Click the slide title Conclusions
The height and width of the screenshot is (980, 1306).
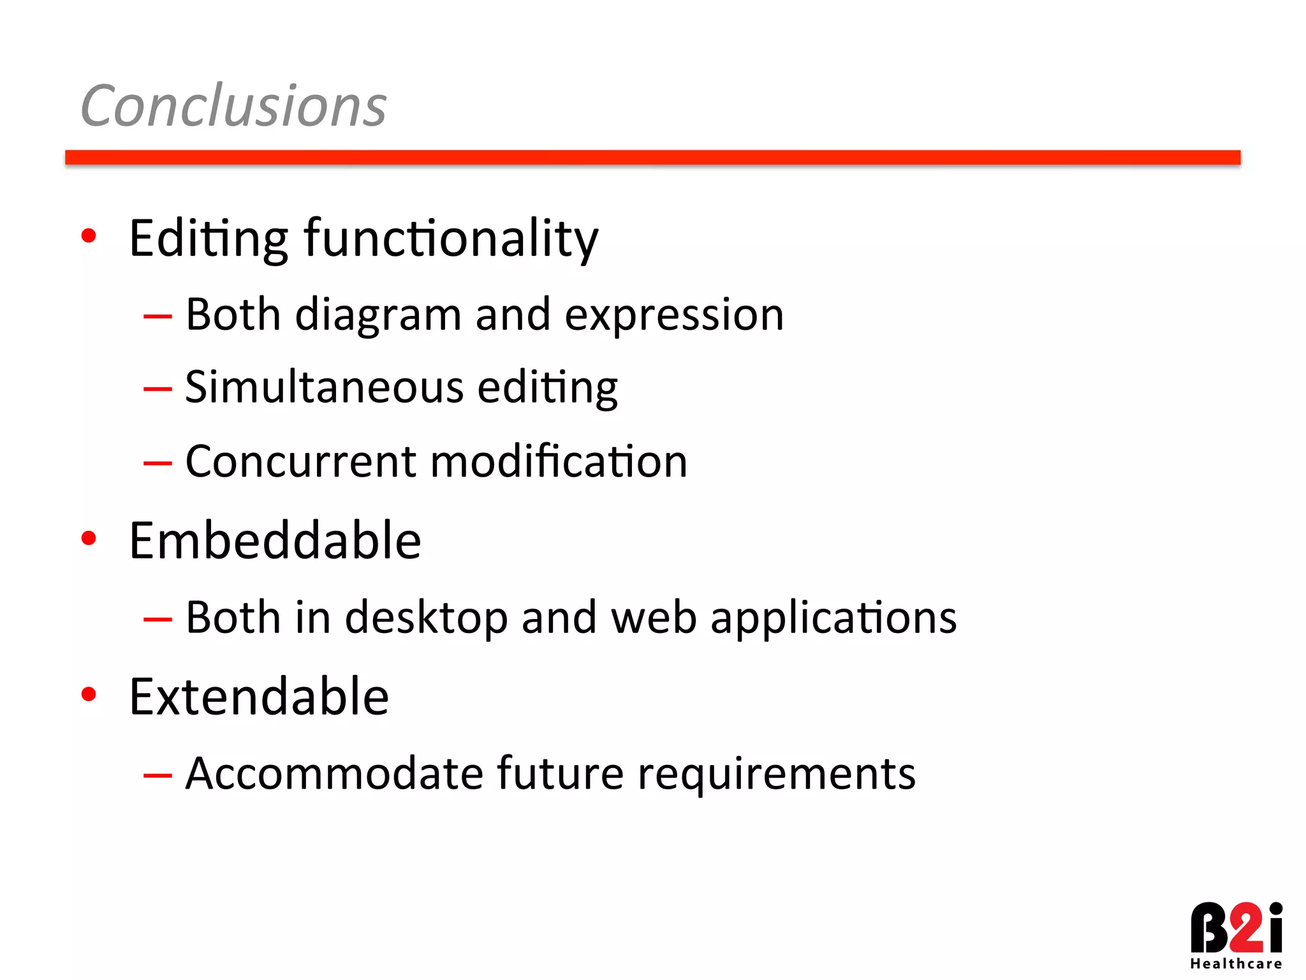(x=233, y=106)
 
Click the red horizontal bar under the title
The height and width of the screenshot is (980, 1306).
(x=652, y=158)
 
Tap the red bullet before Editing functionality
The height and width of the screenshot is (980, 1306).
(x=89, y=236)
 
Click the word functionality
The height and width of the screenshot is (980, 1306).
(x=451, y=239)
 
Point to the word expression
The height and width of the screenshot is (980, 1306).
(x=674, y=316)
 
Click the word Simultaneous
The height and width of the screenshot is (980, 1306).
(x=324, y=387)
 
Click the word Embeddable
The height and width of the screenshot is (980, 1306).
(x=275, y=540)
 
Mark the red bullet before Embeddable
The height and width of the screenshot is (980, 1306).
(x=89, y=538)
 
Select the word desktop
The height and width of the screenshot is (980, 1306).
(x=425, y=618)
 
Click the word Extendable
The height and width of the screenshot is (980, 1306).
(x=259, y=696)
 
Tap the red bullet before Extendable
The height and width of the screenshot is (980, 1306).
(x=89, y=694)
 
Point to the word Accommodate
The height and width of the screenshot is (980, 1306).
(x=334, y=773)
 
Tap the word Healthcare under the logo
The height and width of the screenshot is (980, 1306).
(x=1235, y=964)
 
